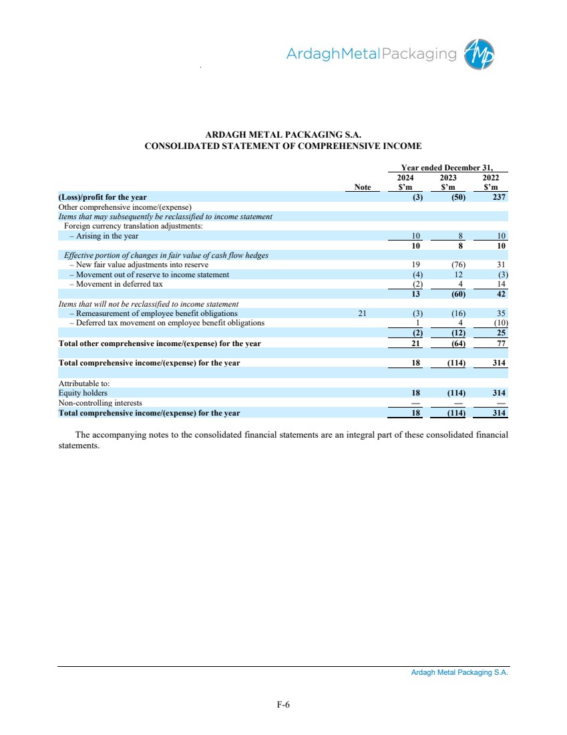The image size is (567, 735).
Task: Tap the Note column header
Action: coord(363,188)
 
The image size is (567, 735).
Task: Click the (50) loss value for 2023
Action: coord(457,197)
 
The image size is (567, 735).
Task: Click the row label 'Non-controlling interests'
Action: coord(100,403)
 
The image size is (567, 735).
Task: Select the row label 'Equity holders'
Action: coord(83,394)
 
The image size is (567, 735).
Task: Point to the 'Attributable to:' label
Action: coord(84,384)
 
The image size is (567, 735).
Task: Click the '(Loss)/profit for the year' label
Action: coord(103,197)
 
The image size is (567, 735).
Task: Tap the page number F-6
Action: coord(283,704)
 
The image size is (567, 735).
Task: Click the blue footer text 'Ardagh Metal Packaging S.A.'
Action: coord(459,673)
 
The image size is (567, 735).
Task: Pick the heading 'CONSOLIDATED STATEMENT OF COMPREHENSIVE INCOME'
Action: coord(283,146)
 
